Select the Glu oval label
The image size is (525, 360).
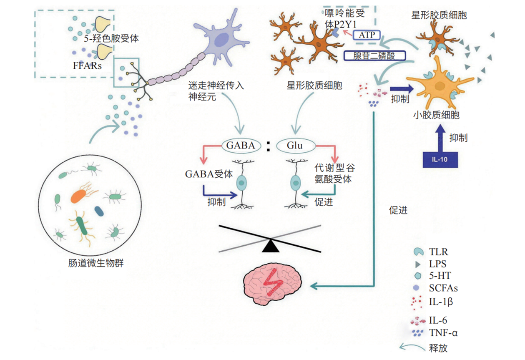[x=295, y=146]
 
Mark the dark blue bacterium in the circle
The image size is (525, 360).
[x=99, y=211]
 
